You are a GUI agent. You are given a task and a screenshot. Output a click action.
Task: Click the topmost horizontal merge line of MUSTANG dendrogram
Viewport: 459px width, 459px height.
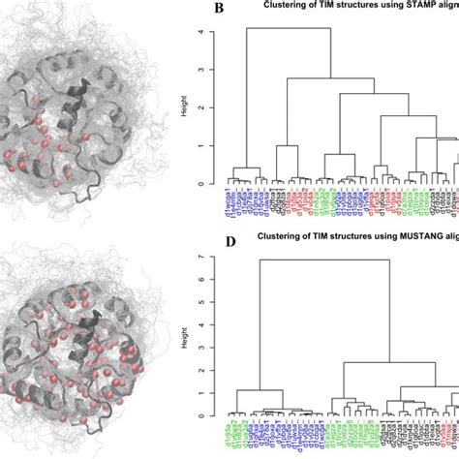pos(320,260)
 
